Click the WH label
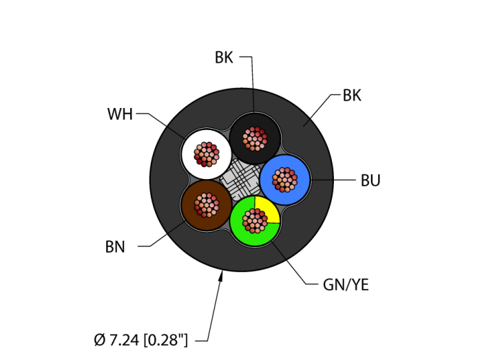click(x=120, y=114)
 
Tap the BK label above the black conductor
click(x=224, y=58)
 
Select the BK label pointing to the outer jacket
click(x=352, y=96)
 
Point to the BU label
click(x=370, y=181)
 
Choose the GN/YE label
click(x=346, y=285)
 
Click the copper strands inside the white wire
click(x=206, y=153)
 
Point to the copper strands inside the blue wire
click(x=284, y=180)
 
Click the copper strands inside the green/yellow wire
click(x=254, y=220)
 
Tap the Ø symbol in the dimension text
click(x=99, y=339)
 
